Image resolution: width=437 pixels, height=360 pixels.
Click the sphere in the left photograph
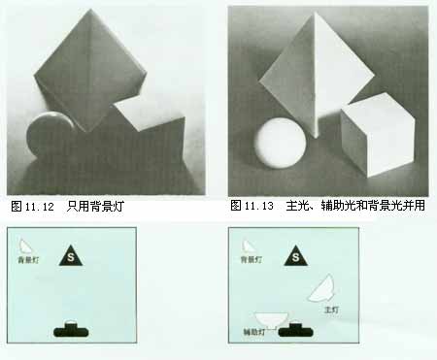click(x=49, y=136)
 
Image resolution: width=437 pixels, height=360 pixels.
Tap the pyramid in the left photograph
click(x=90, y=70)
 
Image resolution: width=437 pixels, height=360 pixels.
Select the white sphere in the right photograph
click(x=281, y=143)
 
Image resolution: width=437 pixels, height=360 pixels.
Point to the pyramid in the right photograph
click(x=317, y=73)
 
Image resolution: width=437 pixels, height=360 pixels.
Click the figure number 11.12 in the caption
click(x=39, y=207)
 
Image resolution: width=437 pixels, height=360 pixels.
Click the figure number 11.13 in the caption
click(x=259, y=206)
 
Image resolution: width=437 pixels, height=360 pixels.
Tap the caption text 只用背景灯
click(x=95, y=206)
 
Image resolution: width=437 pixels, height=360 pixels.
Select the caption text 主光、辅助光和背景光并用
click(x=355, y=205)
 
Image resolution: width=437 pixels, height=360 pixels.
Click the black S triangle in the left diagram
click(x=71, y=256)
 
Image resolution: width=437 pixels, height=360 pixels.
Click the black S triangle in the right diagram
click(x=296, y=256)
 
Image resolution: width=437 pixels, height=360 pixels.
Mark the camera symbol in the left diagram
click(x=71, y=329)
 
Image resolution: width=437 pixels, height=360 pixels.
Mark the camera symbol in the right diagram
click(x=295, y=329)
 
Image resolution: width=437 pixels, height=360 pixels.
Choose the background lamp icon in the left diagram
click(x=25, y=246)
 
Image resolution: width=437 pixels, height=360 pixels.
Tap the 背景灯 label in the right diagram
click(x=252, y=259)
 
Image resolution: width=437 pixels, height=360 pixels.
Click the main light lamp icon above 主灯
click(x=321, y=288)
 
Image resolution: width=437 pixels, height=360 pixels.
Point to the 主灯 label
click(x=331, y=310)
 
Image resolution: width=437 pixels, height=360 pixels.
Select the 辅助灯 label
click(x=254, y=332)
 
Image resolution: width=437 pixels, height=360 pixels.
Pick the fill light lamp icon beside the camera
click(x=271, y=319)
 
